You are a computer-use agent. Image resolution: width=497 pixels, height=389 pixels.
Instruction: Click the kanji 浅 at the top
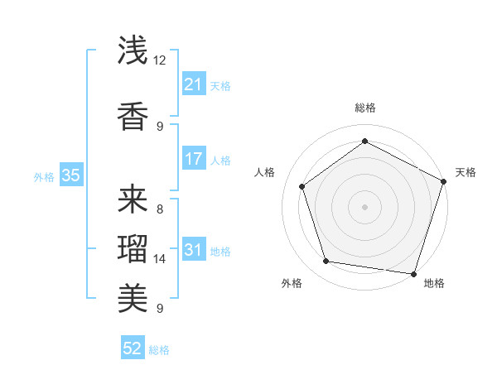133,50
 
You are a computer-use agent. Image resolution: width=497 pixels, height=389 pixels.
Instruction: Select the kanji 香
133,115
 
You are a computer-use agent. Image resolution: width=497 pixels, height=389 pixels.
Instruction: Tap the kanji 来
133,199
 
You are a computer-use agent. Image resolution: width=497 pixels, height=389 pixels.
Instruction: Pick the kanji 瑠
133,247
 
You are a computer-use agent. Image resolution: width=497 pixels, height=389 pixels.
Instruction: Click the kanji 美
133,295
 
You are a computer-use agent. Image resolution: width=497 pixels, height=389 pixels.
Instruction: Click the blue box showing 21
193,84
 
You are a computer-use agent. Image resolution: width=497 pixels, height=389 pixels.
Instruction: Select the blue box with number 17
193,158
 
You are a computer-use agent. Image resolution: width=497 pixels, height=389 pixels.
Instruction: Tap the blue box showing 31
193,250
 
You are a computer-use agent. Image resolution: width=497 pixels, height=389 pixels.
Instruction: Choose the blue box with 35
70,175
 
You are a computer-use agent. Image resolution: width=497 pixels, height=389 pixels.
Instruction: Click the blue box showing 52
133,348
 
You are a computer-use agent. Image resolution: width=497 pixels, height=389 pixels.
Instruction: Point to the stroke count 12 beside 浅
160,60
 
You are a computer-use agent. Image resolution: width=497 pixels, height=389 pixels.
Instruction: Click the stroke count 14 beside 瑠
160,259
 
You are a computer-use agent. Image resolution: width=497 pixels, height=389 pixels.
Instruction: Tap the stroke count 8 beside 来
159,209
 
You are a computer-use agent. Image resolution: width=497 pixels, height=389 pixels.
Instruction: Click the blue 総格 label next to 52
159,350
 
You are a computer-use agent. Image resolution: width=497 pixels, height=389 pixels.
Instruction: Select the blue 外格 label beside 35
44,176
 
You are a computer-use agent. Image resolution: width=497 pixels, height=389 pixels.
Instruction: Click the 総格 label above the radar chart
364,108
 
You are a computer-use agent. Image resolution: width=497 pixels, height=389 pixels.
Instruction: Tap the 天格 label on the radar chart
466,172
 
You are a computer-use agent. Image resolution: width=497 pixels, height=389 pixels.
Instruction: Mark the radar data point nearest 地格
413,273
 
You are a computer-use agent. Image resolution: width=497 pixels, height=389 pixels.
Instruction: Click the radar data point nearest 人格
302,186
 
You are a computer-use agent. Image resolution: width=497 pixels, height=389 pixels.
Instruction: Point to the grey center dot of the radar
364,206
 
